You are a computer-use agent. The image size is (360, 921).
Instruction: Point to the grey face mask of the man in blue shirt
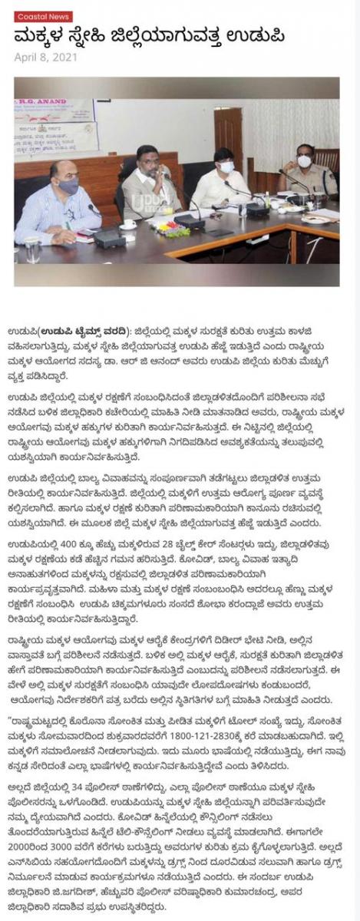68,186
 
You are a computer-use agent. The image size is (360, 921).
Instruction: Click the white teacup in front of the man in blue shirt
130,224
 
